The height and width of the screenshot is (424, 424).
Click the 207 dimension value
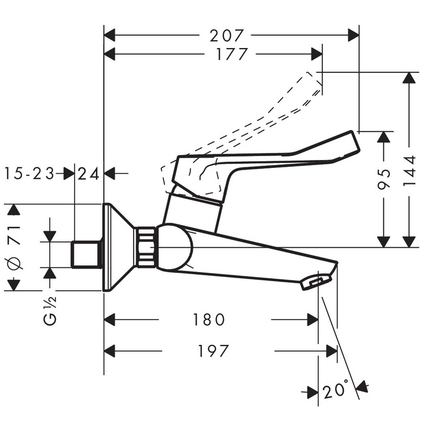click(227, 35)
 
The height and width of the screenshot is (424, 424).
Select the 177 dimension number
click(232, 54)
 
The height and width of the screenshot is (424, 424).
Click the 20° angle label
click(336, 391)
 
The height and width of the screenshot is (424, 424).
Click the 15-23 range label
click(29, 174)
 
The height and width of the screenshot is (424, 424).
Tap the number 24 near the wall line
click(89, 174)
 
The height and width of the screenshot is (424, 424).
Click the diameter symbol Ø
click(16, 263)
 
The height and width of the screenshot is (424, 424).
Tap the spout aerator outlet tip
click(317, 281)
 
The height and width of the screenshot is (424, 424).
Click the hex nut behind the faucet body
click(145, 246)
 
